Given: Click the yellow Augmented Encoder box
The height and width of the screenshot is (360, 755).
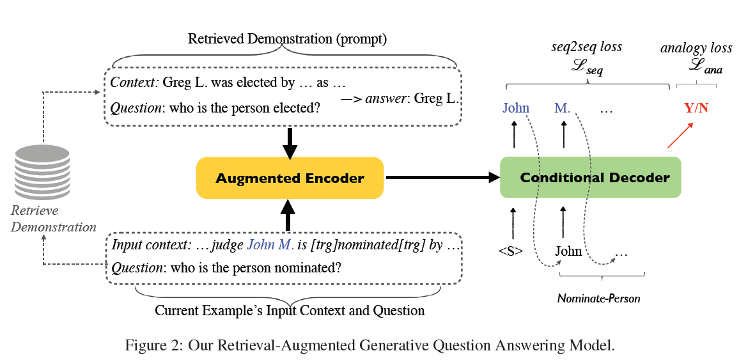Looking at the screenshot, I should pos(290,178).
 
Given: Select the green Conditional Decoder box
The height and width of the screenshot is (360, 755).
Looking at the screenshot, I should pos(590,177).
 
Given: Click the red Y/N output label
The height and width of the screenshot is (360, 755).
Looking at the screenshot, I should pos(696,107).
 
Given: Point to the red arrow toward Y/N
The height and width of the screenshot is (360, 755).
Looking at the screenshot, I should pos(680,136).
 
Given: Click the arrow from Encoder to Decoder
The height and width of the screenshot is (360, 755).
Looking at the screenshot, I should pos(441,178).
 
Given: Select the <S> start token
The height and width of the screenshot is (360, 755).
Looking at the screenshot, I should pos(511,251).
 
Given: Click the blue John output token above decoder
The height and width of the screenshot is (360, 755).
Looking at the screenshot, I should pos(516,107).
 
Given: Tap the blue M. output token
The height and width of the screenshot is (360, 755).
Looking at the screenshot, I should pos(563,107).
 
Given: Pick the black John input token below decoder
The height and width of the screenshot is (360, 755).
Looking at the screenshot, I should pos(568,251).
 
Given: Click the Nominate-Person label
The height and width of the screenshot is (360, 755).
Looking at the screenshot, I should pos(598,298).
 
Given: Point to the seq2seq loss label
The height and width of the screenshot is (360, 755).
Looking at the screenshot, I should pos(586,47).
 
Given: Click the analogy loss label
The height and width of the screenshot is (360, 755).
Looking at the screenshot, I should pos(696,48).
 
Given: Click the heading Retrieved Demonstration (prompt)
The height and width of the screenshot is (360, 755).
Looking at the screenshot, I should pos(287,39).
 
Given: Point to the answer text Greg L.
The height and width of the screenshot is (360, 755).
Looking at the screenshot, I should pos(437,98).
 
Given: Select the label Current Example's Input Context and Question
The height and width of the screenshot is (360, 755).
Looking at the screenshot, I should pos(290,311).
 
